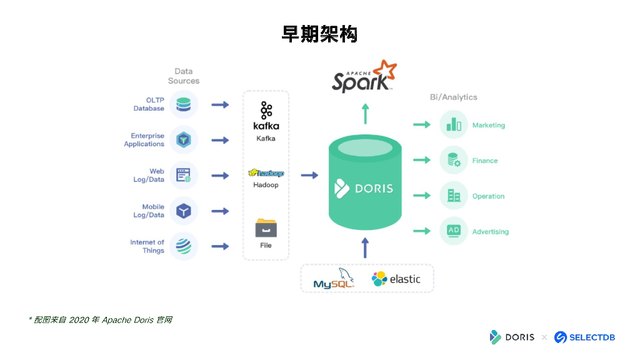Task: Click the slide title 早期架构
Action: coord(319,34)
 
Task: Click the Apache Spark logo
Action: coord(364,77)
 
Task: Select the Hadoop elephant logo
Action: coord(266,173)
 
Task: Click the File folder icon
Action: coord(266,227)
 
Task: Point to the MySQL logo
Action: coord(334,279)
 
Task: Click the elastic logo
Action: coord(396,279)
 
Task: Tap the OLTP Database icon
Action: coord(183,104)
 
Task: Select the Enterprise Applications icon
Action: coord(183,140)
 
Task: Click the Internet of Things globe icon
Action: coord(183,246)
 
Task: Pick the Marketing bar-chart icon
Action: coord(454,125)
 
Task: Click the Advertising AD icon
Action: coord(454,231)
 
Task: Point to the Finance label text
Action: coord(485,161)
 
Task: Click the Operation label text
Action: coord(488,196)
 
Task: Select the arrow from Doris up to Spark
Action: coord(366,114)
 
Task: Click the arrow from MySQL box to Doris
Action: coord(366,247)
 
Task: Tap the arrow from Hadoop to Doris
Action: coord(309,176)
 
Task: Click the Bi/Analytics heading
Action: coord(454,97)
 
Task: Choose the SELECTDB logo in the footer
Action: coord(585,337)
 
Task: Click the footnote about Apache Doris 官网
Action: coord(100,320)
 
